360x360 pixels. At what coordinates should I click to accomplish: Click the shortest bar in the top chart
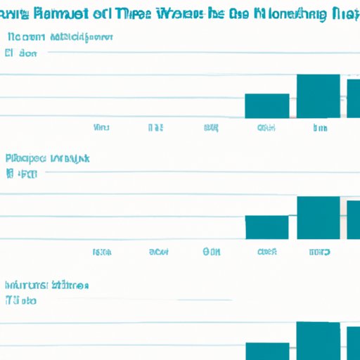pos(266,105)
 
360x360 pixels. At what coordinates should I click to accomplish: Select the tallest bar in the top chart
pos(319,96)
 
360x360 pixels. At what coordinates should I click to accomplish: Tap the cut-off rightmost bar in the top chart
pos(354,98)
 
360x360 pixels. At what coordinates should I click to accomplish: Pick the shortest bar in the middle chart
pos(266,227)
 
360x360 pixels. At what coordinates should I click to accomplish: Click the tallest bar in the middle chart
pos(319,217)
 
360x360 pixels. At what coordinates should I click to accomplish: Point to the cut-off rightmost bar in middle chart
pos(354,219)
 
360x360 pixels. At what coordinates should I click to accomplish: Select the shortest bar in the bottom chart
pos(266,351)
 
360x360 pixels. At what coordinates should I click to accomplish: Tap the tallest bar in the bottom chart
pos(319,341)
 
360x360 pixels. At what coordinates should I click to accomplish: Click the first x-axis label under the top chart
pos(101,128)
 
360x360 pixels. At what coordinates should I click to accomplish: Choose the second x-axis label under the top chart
pos(155,128)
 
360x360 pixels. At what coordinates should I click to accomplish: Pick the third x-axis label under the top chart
pos(211,128)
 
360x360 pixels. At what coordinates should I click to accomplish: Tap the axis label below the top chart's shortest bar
pos(266,128)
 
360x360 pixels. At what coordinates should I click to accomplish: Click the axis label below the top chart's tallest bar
pos(320,128)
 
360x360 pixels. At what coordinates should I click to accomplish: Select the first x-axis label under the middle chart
pos(103,251)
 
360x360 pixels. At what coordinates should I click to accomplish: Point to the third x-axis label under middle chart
pos(212,251)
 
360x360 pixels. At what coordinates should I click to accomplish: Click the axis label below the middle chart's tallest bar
pos(320,251)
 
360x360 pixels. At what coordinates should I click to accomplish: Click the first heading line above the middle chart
pos(48,159)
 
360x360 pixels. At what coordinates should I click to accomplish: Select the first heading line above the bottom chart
pos(46,285)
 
